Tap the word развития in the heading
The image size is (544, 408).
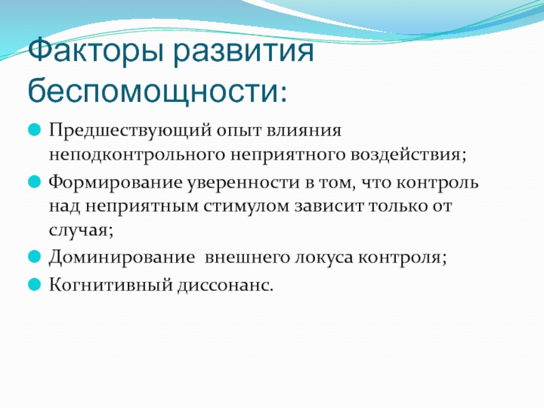point(243,52)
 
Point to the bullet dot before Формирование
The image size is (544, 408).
point(35,182)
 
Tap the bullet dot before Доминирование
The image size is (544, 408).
point(35,257)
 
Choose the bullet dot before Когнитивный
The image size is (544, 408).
point(35,284)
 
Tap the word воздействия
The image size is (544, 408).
point(408,154)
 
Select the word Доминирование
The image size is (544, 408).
point(122,258)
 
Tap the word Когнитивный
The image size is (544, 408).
point(111,285)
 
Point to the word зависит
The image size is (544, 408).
point(329,206)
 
